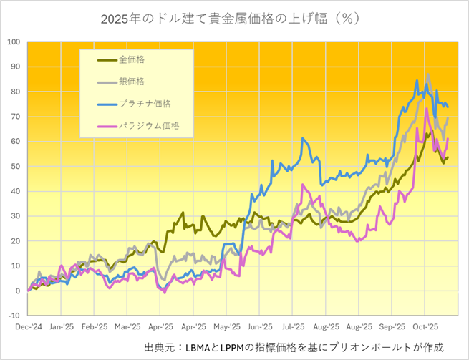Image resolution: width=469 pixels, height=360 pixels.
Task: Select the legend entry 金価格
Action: coord(132,61)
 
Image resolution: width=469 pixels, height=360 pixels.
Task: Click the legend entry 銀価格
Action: coord(132,82)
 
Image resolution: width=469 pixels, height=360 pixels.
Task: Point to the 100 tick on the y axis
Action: coord(14,42)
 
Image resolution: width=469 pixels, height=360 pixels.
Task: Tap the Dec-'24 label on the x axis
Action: coord(27,324)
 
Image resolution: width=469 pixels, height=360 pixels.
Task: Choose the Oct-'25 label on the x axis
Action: coord(427,324)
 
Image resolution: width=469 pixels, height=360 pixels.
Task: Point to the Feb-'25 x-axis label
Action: coord(94,324)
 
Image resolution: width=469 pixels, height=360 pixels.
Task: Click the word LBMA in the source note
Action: coord(200,347)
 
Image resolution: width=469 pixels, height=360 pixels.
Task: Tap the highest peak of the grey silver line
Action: coord(428,74)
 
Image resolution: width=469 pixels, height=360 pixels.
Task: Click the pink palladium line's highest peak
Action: coord(427,109)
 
